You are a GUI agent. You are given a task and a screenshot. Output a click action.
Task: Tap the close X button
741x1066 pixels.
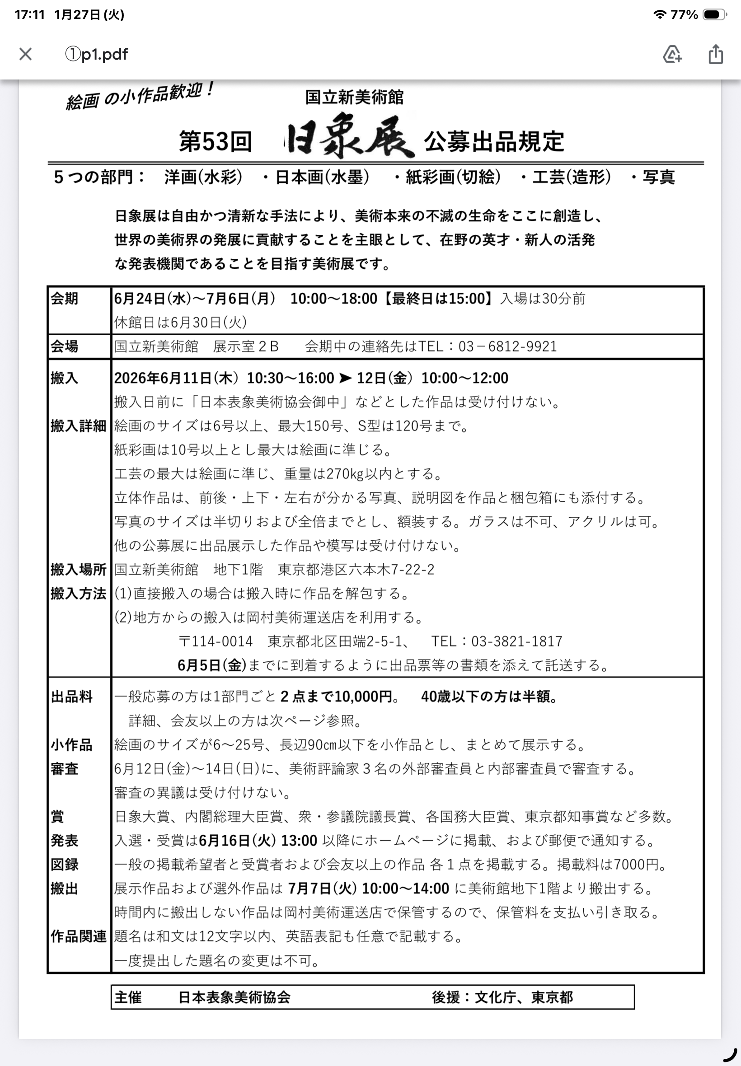point(26,54)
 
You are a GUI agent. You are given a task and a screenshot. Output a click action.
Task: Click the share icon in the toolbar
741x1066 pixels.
point(715,54)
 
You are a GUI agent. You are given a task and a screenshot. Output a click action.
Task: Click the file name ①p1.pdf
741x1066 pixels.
point(97,54)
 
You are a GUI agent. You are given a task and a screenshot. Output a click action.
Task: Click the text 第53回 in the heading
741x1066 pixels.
point(216,141)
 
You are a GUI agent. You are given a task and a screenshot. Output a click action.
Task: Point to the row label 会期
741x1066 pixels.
point(65,299)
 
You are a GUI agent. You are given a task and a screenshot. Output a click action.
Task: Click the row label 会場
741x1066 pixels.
point(65,346)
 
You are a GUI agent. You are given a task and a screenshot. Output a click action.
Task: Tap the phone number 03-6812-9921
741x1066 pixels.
point(507,346)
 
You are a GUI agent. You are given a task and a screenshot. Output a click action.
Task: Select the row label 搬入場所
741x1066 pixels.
point(79,570)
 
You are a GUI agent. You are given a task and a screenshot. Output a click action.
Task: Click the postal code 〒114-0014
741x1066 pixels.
point(216,641)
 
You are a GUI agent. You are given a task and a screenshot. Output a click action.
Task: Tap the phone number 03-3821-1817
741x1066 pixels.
point(517,641)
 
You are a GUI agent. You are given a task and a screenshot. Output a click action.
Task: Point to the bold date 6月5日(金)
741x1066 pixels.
point(212,665)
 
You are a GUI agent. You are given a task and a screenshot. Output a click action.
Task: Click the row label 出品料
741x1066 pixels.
point(72,697)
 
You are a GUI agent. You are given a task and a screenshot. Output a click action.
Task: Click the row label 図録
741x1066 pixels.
point(65,865)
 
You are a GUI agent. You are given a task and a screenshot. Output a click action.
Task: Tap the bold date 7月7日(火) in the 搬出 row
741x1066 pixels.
point(322,888)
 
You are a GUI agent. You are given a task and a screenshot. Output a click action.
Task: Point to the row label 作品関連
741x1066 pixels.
point(79,936)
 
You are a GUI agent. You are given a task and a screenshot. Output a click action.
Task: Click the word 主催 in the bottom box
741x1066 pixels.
point(128,997)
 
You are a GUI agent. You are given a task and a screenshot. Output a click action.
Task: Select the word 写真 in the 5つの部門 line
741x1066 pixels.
point(658,177)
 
